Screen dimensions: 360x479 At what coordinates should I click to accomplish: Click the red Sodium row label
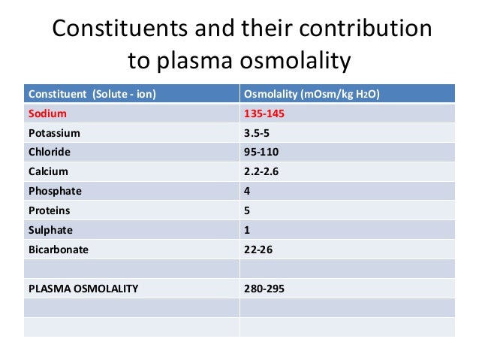[x=48, y=113]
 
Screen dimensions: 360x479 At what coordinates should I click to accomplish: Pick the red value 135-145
[x=264, y=113]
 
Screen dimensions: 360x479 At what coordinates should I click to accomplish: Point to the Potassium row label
[x=54, y=133]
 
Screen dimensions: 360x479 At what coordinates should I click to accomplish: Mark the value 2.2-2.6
[x=262, y=171]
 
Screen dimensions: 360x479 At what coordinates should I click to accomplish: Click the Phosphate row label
[x=55, y=191]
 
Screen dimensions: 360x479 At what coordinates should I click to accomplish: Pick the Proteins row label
[x=50, y=210]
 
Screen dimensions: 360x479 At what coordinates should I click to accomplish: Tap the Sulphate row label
[x=51, y=229]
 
